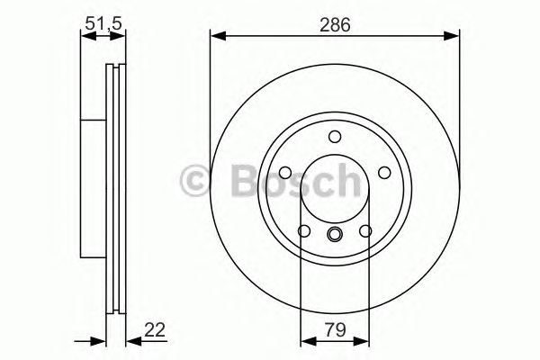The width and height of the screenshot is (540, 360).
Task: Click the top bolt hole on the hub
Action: [x=335, y=137]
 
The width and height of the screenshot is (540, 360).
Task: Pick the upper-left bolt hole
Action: [x=283, y=174]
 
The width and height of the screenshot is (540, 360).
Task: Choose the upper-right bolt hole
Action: [x=386, y=174]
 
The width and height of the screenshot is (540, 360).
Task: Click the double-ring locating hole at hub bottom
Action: [x=335, y=237]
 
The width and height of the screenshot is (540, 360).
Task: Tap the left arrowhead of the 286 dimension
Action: [x=216, y=37]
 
